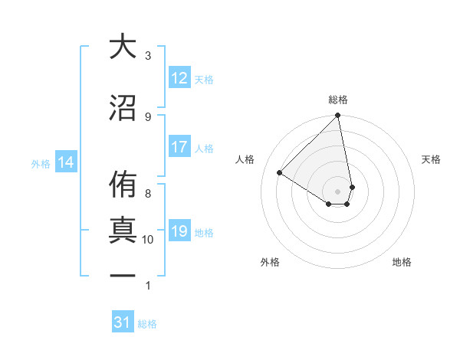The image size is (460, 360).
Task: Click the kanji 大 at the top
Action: tap(122, 47)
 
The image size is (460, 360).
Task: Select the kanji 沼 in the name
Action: tap(122, 108)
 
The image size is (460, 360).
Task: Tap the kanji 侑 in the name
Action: tap(122, 183)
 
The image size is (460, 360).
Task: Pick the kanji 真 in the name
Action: tap(122, 231)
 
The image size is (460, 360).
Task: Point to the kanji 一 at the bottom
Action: tap(122, 276)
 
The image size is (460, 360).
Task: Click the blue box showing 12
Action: tap(179, 78)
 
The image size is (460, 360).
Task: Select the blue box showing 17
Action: tap(179, 147)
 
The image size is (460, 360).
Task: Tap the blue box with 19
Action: tap(179, 231)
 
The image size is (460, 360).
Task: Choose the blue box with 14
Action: tap(65, 162)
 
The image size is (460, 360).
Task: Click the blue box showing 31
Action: tap(123, 322)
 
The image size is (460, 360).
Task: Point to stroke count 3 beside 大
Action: tap(148, 56)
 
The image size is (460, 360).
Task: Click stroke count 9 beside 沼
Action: tap(148, 116)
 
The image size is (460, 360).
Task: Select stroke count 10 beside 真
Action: tap(148, 240)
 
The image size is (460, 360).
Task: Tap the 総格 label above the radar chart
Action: tap(338, 100)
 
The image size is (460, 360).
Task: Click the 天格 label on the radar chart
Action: tap(432, 159)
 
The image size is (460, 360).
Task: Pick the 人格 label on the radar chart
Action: tap(245, 159)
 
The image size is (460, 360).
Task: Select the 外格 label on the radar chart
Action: tap(269, 262)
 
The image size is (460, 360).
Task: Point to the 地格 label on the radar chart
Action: tap(402, 262)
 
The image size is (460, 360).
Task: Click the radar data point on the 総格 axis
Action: tap(338, 116)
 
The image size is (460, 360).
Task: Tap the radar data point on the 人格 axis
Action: tap(280, 172)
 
